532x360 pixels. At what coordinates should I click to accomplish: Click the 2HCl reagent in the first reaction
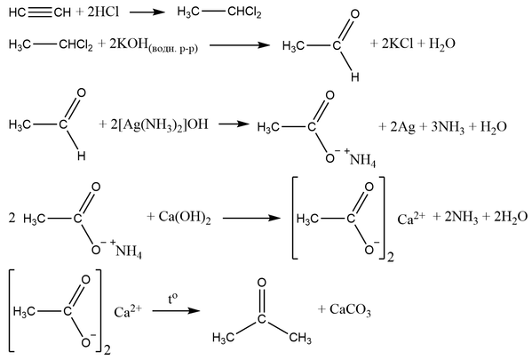click(x=103, y=12)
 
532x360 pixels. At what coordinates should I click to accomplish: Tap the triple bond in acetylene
click(x=40, y=12)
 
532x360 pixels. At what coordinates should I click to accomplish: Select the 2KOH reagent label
click(x=129, y=44)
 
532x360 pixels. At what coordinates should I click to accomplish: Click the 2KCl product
click(x=397, y=44)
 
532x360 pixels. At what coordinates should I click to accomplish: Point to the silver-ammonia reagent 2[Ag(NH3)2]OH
click(x=159, y=125)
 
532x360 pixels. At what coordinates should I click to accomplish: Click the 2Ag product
click(x=402, y=127)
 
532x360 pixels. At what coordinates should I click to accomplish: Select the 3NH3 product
click(x=448, y=127)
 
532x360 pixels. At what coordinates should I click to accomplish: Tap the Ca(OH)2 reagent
click(x=185, y=218)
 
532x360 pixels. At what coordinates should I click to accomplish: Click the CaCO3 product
click(x=350, y=309)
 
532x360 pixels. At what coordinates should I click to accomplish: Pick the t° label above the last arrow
click(x=172, y=299)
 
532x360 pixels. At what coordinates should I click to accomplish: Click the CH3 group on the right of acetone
click(x=300, y=338)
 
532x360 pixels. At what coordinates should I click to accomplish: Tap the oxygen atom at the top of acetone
click(x=261, y=283)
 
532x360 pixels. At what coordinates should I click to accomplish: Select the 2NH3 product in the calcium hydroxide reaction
click(x=461, y=217)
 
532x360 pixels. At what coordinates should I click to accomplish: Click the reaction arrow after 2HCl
click(x=147, y=12)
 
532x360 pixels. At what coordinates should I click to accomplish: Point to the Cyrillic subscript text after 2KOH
click(x=173, y=49)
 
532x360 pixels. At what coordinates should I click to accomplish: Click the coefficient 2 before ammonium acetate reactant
click(x=12, y=218)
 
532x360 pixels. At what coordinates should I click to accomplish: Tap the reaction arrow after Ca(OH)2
click(x=251, y=218)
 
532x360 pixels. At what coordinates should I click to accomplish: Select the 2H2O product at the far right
click(x=511, y=217)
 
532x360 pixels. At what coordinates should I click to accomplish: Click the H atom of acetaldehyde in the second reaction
click(x=355, y=77)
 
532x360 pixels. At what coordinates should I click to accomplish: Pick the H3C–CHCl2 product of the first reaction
click(x=219, y=12)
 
